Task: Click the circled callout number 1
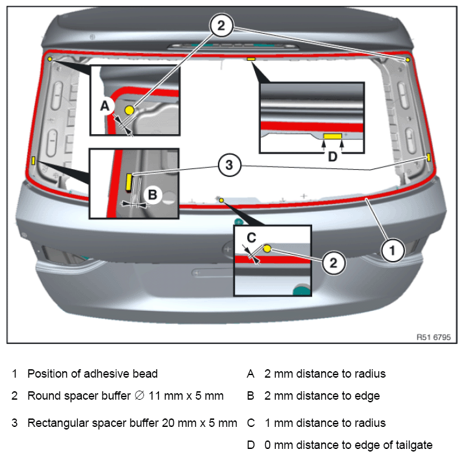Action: [393, 251]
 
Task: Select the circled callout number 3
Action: [229, 165]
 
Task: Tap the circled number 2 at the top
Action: [221, 25]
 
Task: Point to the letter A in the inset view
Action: [105, 106]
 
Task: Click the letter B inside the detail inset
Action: [153, 195]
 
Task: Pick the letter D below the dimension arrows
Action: [333, 157]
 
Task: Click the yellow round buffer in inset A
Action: [129, 110]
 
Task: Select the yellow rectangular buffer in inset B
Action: [128, 182]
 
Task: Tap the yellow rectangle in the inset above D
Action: [333, 136]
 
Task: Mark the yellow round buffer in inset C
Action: [267, 249]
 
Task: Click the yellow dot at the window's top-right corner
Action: [408, 60]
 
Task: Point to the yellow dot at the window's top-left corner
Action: [50, 59]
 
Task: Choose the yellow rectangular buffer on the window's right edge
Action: [428, 157]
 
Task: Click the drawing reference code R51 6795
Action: [433, 337]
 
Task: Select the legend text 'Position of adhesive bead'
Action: [92, 374]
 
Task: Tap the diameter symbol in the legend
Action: [140, 395]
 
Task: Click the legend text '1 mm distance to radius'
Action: [325, 423]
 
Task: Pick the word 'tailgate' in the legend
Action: [414, 445]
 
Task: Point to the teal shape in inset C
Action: [302, 290]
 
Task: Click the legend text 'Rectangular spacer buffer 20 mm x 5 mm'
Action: [132, 423]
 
